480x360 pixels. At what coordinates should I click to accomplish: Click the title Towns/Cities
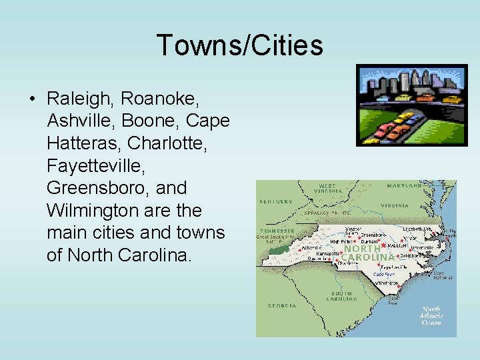click(239, 45)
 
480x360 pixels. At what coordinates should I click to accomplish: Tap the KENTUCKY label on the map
click(275, 201)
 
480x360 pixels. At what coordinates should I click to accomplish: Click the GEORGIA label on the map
click(283, 306)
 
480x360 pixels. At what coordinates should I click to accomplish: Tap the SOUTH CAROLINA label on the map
click(341, 297)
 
